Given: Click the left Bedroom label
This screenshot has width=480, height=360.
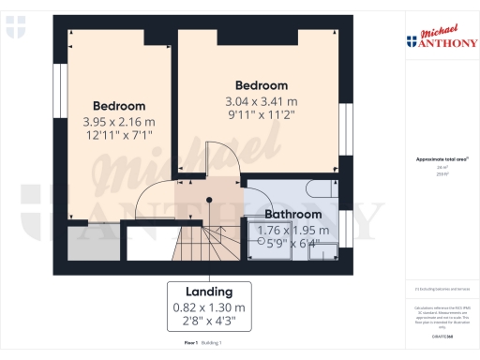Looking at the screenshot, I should coord(119,105).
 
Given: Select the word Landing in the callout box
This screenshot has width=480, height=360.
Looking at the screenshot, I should coord(208,291).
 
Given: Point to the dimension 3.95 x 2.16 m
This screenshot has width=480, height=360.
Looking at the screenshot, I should coord(119,121).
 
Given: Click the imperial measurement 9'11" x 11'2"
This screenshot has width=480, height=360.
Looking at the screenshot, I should coord(262,116).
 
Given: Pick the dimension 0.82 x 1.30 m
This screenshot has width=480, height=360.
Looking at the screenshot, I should coord(208,307).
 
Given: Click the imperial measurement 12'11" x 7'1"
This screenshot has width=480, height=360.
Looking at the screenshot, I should coord(119,136).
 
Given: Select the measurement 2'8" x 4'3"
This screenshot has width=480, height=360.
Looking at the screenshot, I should coord(208,322).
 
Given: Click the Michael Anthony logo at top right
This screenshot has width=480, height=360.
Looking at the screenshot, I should coord(441,37).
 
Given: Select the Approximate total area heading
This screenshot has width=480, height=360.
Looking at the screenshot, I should coord(440,160).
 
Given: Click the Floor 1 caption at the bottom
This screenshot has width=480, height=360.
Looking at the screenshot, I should coord(191,344).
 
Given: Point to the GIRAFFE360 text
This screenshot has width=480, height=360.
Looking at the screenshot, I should coord(441,323).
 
